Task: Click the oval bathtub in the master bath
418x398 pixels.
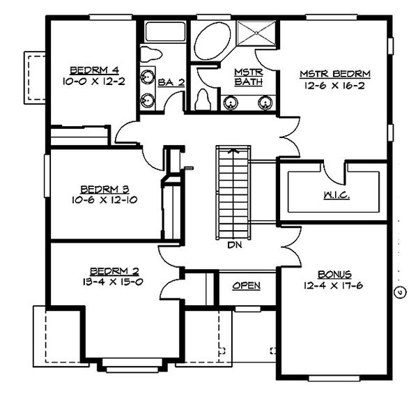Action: point(210,43)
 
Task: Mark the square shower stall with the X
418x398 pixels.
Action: point(257,35)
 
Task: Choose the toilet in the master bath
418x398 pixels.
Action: point(205,99)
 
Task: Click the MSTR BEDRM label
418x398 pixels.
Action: point(335,72)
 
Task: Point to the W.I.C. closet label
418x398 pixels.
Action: point(336,196)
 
